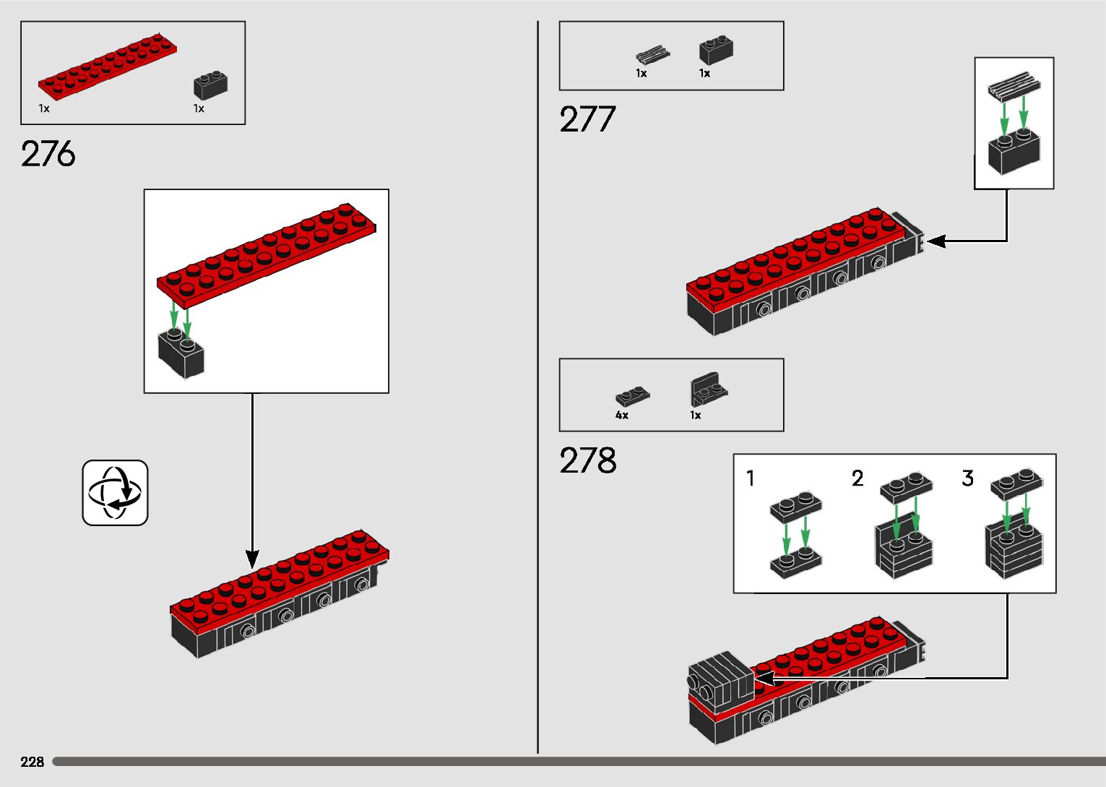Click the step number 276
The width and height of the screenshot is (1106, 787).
point(48,154)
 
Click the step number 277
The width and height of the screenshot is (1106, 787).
point(587,120)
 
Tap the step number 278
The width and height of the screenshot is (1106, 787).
point(587,461)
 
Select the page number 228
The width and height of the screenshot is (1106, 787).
point(33,762)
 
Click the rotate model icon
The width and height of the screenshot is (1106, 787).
point(115,493)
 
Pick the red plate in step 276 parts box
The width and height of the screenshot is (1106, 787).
point(108,67)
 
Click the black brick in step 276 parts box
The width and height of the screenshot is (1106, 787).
point(210,86)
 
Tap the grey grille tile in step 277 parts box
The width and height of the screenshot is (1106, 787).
point(652,55)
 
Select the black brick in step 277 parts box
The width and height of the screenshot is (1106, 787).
point(715,51)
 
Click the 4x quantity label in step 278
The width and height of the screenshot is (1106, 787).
point(622,416)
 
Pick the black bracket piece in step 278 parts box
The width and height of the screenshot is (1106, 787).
point(708,390)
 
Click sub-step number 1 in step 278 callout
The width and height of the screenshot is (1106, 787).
point(751,478)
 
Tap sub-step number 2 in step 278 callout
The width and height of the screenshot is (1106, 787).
point(857,478)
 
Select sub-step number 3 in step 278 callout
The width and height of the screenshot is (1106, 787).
point(968,478)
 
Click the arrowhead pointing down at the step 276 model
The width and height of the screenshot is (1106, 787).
point(252,559)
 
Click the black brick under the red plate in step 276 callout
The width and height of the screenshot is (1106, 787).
point(181,354)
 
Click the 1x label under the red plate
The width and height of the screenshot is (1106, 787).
point(44,109)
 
